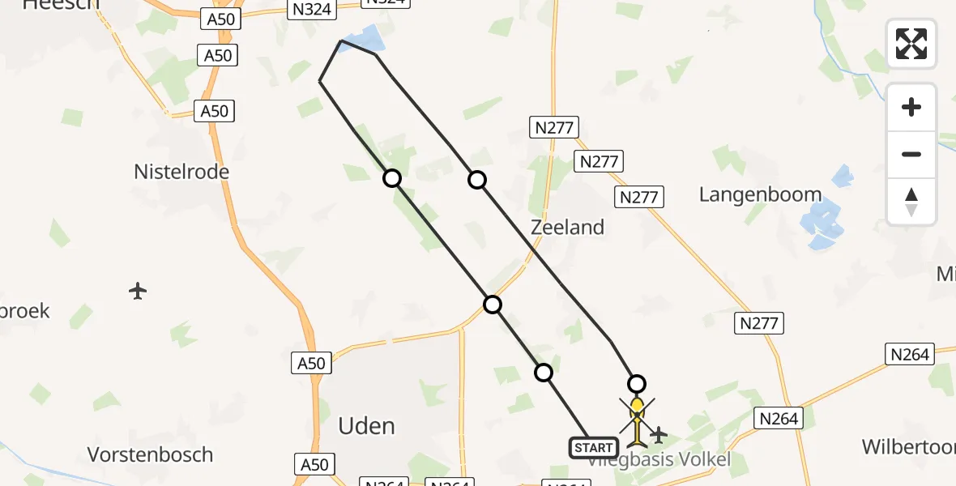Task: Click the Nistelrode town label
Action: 181,172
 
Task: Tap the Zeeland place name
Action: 567,228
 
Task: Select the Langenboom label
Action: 760,195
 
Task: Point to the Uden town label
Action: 366,426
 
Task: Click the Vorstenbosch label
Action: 150,454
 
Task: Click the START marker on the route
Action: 593,448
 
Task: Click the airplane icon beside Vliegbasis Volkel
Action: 659,436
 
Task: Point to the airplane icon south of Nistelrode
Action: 138,290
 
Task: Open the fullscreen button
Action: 911,44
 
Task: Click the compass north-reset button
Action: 911,202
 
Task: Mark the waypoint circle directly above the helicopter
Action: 637,384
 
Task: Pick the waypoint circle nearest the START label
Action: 544,373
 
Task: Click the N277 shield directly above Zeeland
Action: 554,126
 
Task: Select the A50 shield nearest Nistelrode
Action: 215,111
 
